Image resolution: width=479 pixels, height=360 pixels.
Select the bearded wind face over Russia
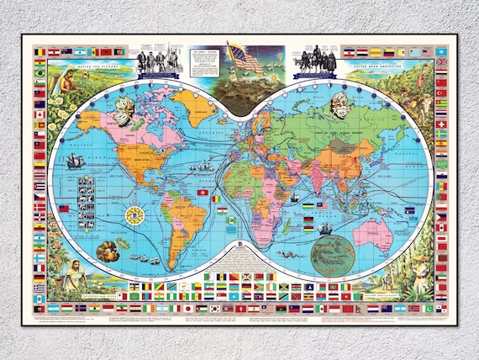tap(340, 104)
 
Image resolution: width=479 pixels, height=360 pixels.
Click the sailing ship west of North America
tap(74, 161)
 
